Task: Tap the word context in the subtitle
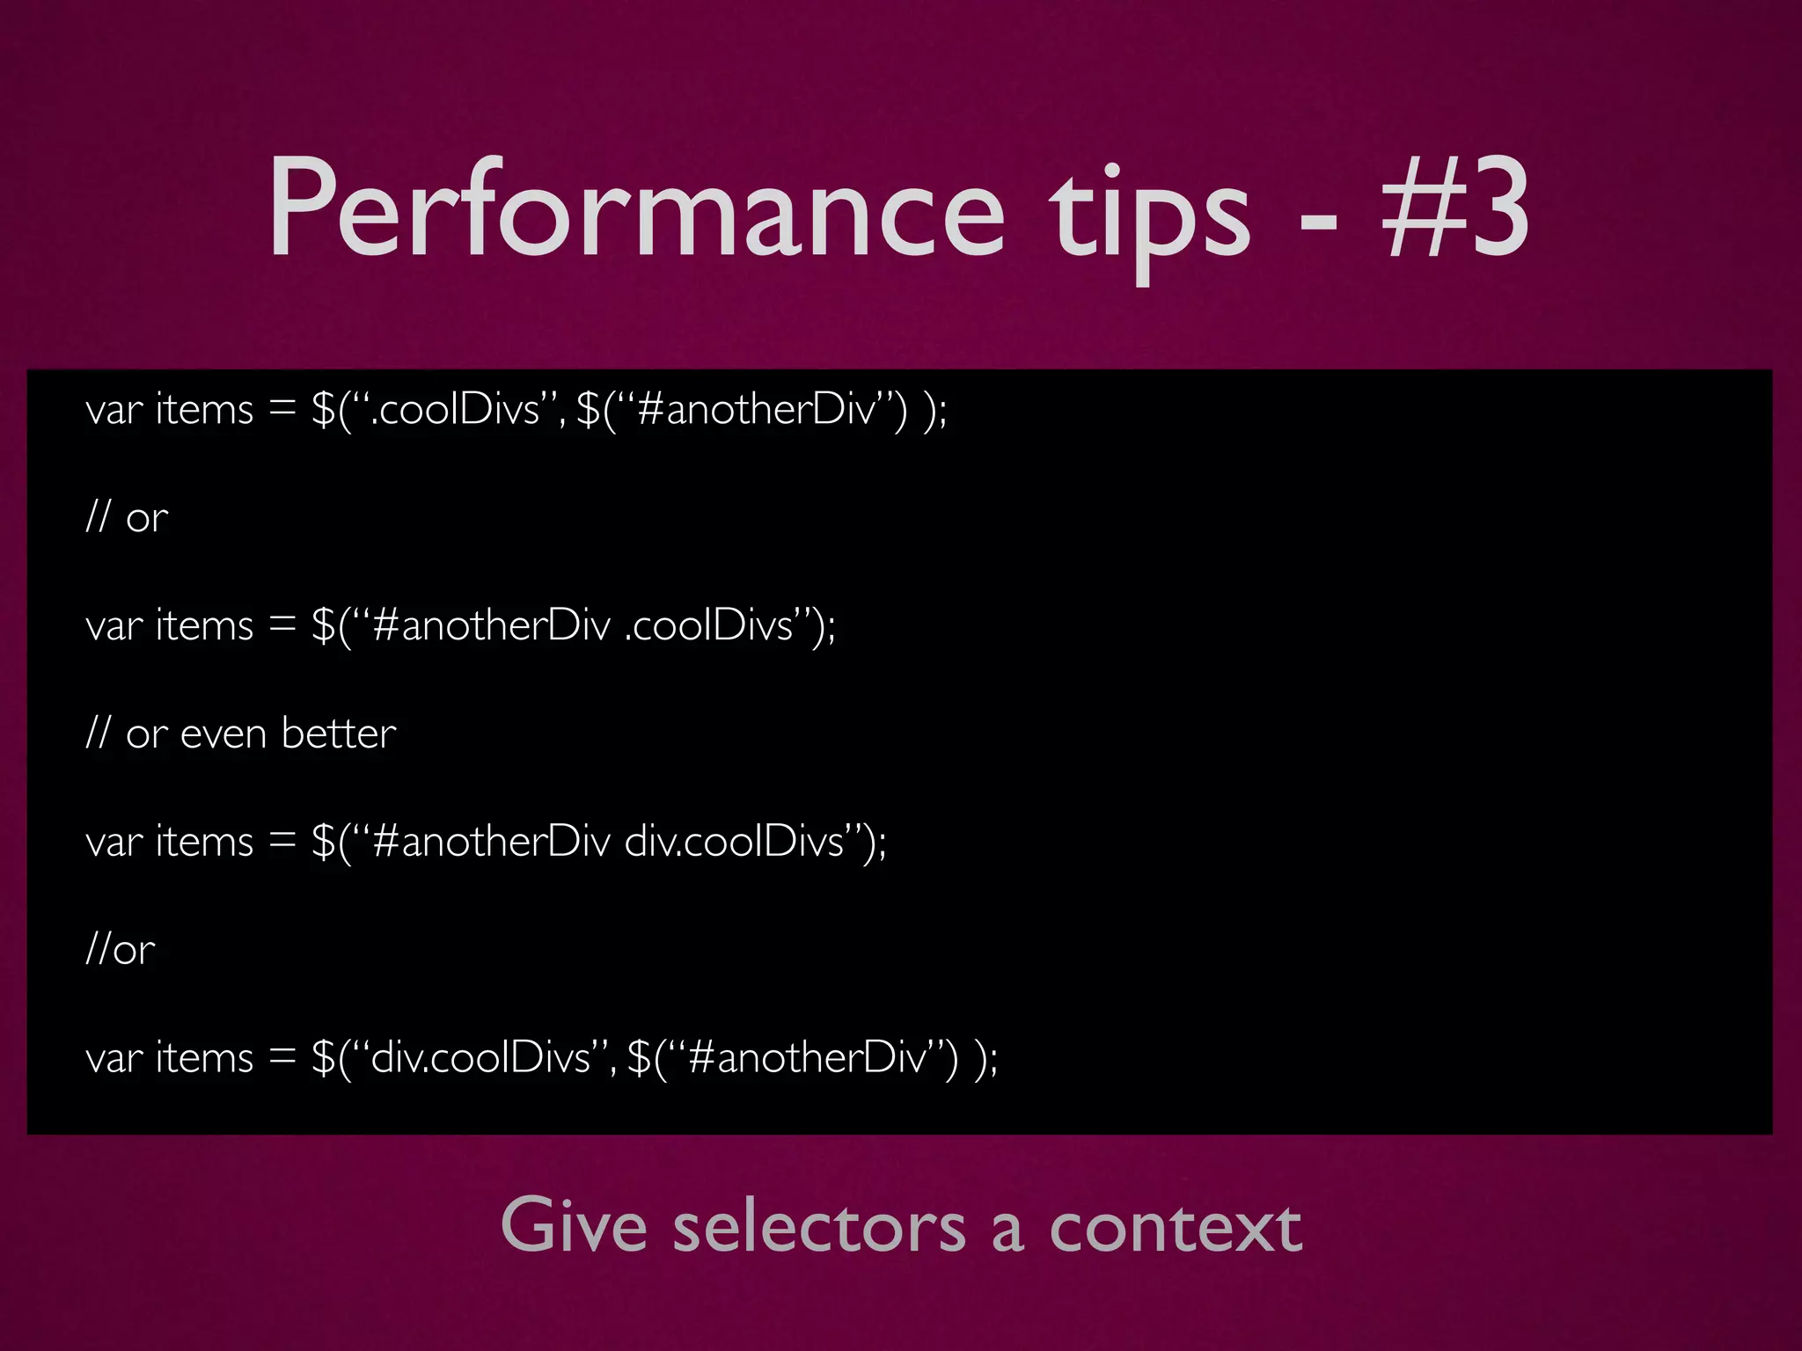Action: tap(1175, 1226)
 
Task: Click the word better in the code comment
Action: tap(339, 733)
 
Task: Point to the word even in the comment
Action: tap(223, 734)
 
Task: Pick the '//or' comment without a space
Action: tap(121, 949)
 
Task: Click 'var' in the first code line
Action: tap(114, 410)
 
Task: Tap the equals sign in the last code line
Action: tap(282, 1056)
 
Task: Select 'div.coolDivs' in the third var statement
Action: tap(734, 842)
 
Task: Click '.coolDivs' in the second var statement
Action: tap(708, 625)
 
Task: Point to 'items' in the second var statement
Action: tap(204, 625)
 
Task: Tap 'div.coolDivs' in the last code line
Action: tap(480, 1056)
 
